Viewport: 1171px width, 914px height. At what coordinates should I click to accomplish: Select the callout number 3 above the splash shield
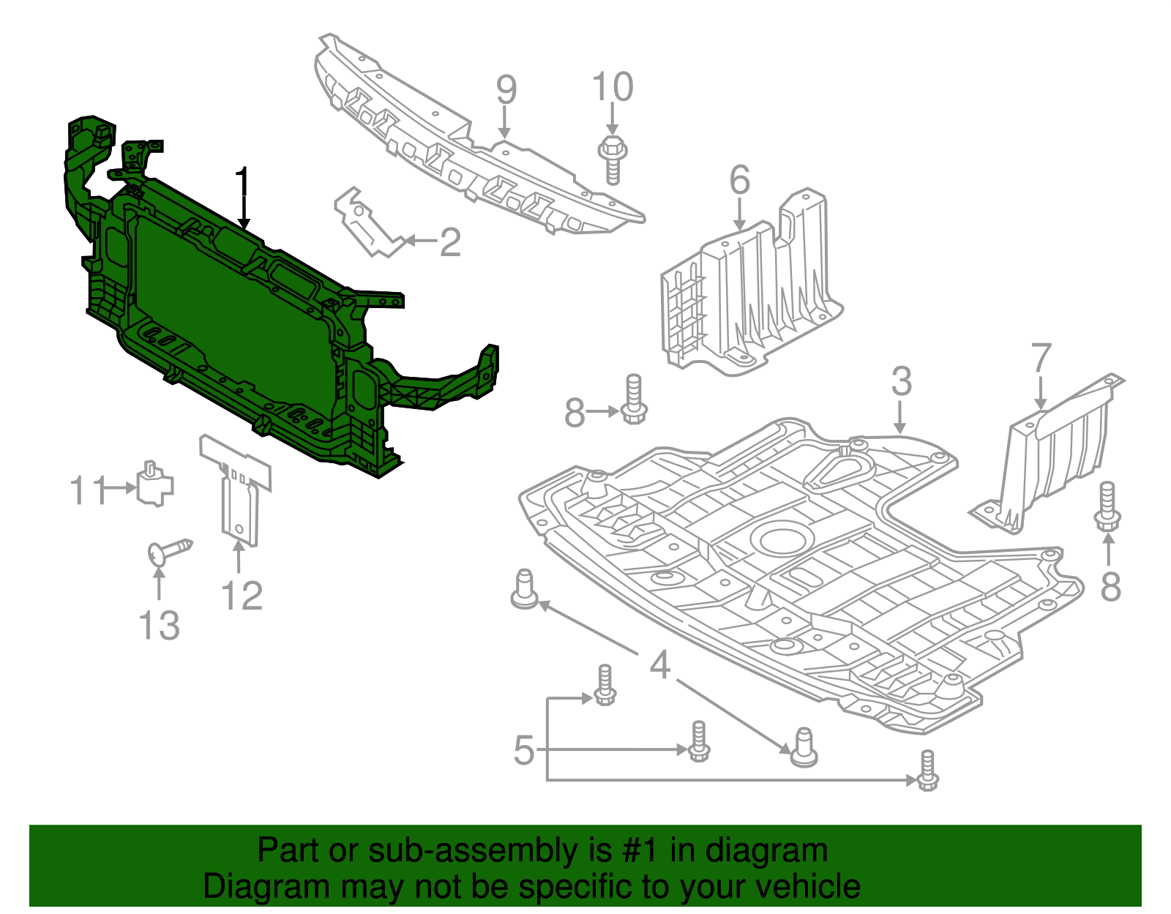(x=901, y=381)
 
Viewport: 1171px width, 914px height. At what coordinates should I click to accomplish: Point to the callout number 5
(x=523, y=750)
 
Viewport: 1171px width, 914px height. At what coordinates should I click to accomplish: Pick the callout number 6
(x=740, y=180)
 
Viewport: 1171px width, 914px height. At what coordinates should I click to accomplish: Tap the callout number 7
(x=1041, y=359)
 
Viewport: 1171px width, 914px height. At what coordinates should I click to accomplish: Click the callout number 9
(x=506, y=90)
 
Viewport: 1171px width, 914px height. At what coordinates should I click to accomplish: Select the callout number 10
(x=613, y=88)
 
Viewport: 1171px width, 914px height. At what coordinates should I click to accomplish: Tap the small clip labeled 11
(x=154, y=484)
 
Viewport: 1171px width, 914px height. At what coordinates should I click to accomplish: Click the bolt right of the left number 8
(x=634, y=400)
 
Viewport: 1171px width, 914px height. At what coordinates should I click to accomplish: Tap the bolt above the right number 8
(x=1107, y=506)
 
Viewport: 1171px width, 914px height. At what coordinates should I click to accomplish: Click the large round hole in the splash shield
(x=786, y=539)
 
